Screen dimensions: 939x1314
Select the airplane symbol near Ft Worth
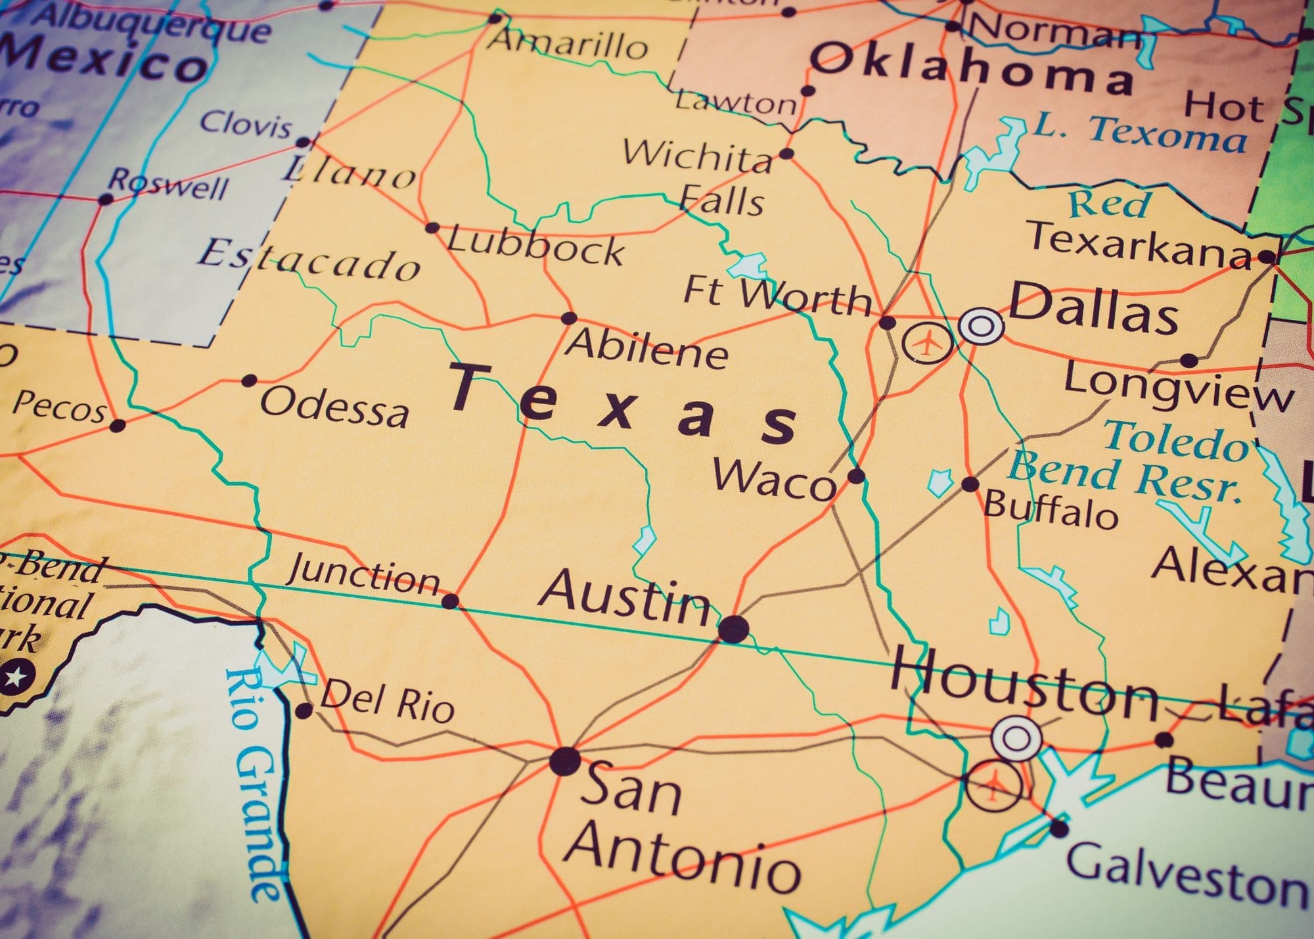tap(927, 342)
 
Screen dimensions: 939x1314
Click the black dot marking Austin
tap(733, 629)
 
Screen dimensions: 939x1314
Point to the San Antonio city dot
tap(565, 761)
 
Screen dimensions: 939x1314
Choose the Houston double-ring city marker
tap(1016, 738)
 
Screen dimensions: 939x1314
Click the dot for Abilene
tap(568, 319)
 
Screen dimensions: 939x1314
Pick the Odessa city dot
tap(249, 380)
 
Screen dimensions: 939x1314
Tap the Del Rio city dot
tap(303, 710)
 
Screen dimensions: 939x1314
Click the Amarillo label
tap(570, 45)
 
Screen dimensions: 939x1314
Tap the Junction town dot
tap(450, 601)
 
